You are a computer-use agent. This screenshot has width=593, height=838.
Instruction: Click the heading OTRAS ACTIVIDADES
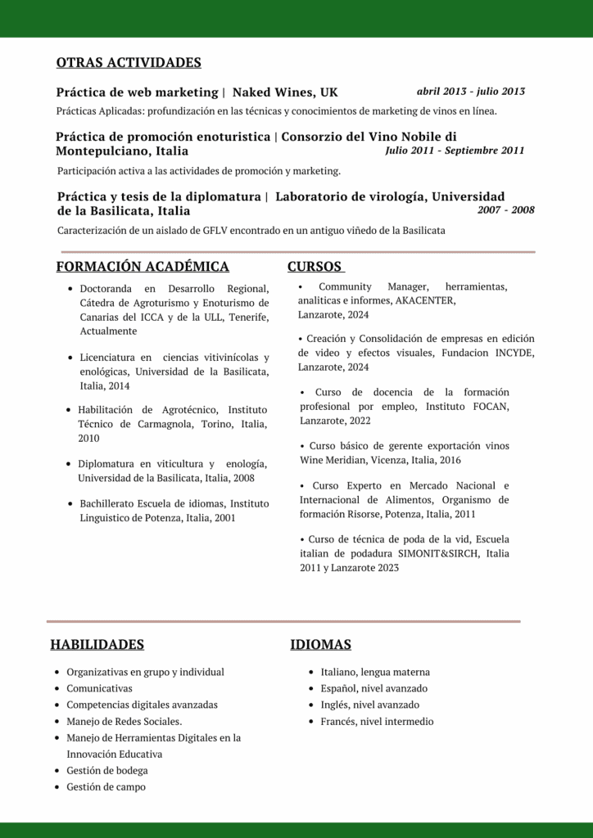pos(129,63)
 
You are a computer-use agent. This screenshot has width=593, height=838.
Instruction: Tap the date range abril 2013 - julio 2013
pos(471,92)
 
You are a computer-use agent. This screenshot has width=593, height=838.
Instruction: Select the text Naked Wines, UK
pos(285,92)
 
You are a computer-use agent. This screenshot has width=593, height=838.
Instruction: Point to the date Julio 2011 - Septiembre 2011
pos(455,151)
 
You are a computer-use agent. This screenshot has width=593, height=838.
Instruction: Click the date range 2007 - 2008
pos(505,210)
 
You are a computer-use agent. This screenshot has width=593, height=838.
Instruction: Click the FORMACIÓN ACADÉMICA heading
pos(143,267)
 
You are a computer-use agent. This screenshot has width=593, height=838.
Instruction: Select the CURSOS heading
pos(315,267)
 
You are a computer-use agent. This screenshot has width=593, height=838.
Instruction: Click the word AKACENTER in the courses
pos(425,300)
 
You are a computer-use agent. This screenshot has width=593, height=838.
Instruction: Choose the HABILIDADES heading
pos(97,645)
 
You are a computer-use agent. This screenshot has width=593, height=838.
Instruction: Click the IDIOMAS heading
pos(320,645)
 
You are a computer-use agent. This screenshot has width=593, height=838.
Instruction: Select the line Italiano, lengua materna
pos(375,672)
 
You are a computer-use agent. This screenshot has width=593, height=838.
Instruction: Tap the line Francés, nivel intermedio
pos(377,722)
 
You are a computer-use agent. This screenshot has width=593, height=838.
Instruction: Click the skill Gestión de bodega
pos(107,770)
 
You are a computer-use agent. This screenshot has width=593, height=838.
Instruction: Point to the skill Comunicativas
pos(99,688)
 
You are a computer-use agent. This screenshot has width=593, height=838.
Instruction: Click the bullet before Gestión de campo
pos(56,787)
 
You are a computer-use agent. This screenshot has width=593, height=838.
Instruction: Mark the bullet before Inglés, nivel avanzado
pos(311,705)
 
